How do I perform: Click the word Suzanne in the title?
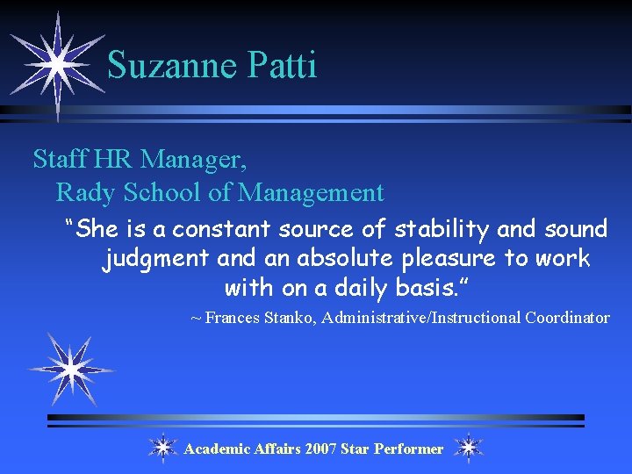tap(167, 65)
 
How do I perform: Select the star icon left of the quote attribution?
tap(68, 369)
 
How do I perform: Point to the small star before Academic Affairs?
tap(162, 448)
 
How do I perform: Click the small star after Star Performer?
tap(469, 448)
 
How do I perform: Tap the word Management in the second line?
tap(312, 191)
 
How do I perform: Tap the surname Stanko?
tap(289, 318)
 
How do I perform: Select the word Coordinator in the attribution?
tap(567, 318)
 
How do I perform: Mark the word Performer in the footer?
tap(408, 449)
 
